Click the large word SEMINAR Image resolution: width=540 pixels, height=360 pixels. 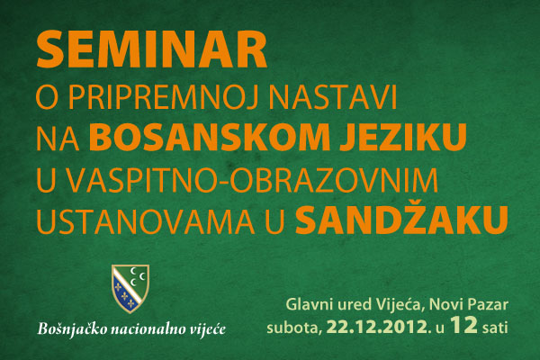click(x=152, y=49)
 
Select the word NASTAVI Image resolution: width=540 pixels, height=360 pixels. click(x=333, y=97)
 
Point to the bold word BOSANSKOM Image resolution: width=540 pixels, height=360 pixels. click(x=211, y=138)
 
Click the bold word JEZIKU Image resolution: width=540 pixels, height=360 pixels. click(x=403, y=138)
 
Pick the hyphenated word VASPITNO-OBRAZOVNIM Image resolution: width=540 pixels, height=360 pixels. click(x=252, y=180)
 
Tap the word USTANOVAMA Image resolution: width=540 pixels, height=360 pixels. click(x=146, y=221)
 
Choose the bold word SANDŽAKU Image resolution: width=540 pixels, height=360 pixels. click(x=402, y=219)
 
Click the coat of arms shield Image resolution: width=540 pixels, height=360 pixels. click(x=130, y=288)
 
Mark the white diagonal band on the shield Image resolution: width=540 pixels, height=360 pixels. click(x=127, y=287)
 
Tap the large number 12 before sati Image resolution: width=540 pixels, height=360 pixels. click(x=463, y=325)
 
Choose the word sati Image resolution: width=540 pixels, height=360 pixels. click(x=495, y=328)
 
